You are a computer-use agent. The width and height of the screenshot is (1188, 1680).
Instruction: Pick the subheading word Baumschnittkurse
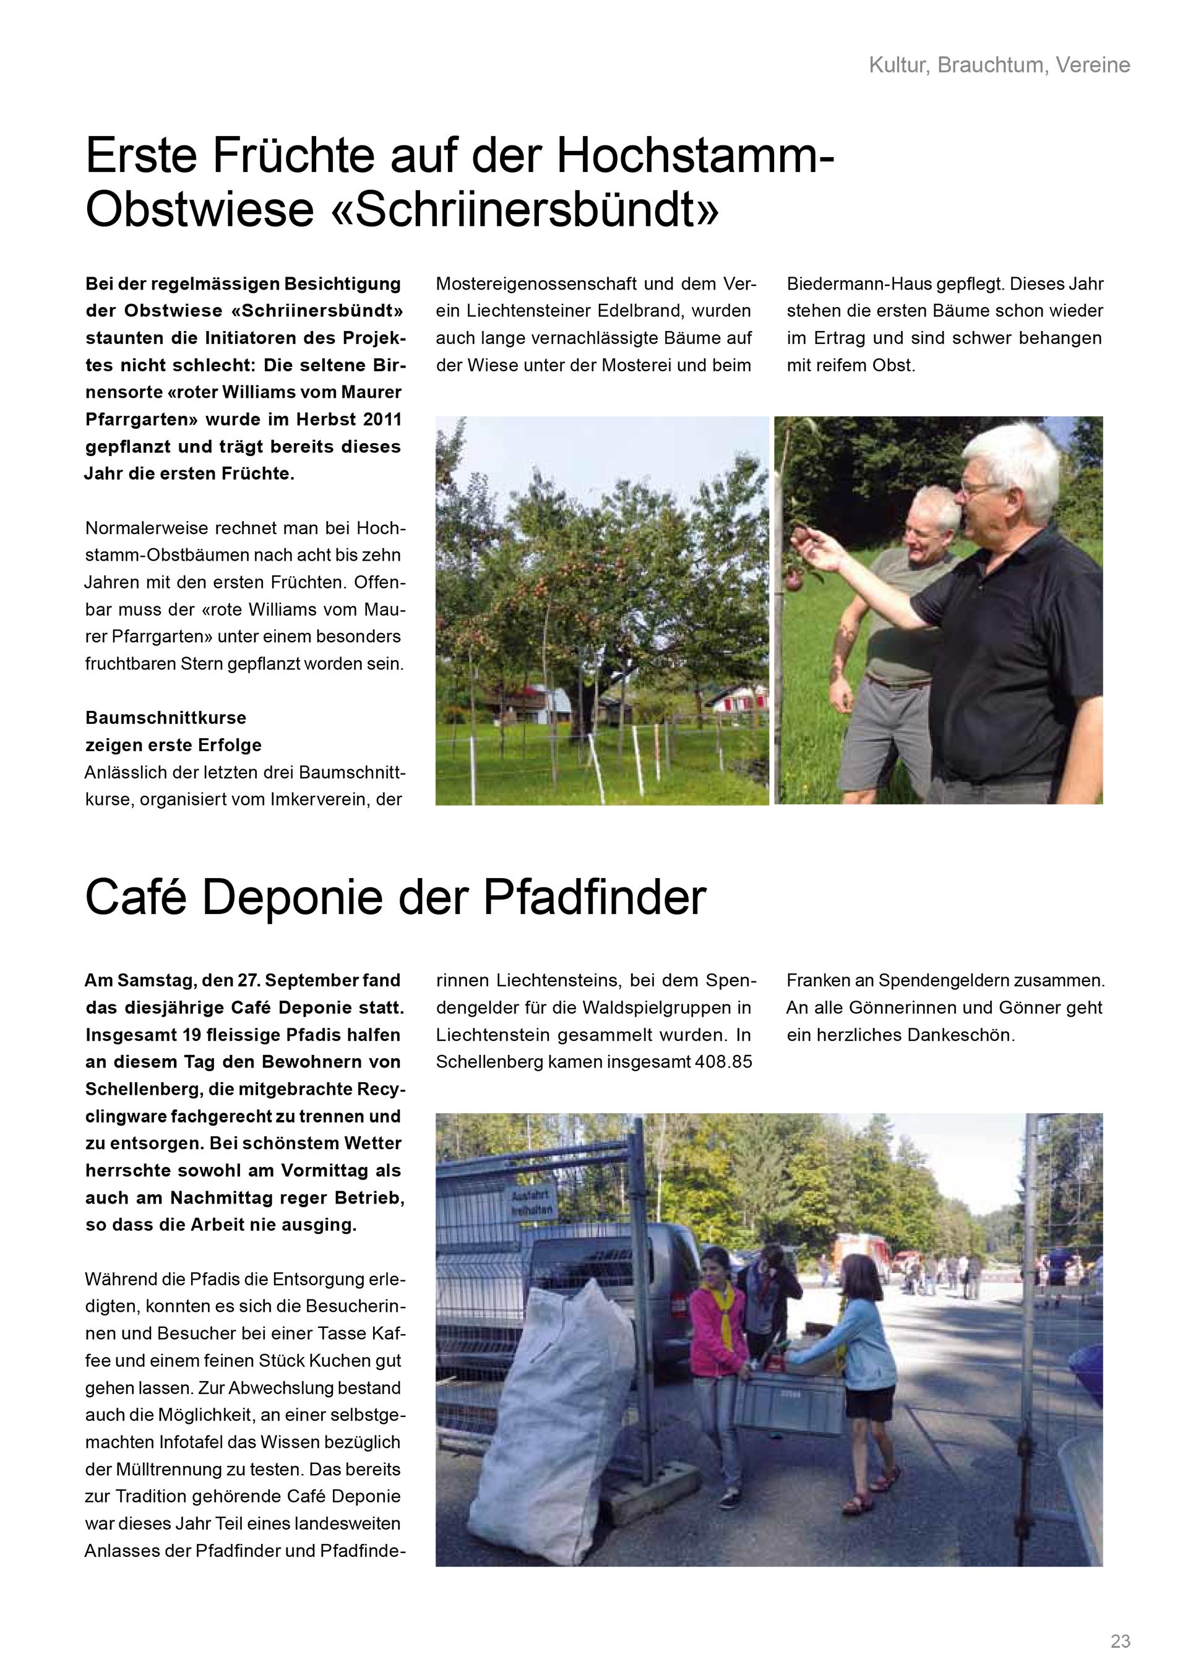click(166, 717)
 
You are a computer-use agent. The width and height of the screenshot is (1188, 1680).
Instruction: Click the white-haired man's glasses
click(983, 488)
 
